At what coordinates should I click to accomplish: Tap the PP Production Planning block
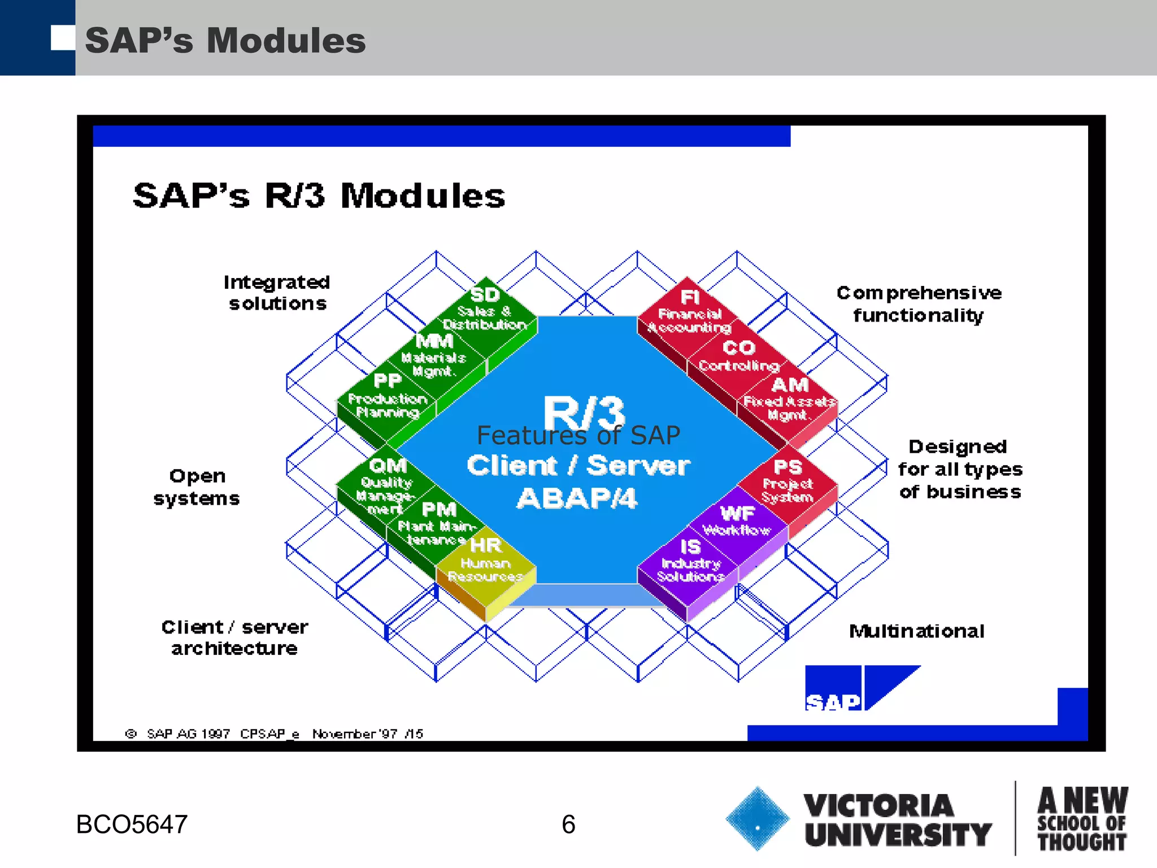[388, 399]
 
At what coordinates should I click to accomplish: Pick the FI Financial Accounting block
[690, 314]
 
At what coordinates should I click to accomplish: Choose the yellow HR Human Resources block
[486, 563]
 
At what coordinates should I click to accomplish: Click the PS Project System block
[788, 483]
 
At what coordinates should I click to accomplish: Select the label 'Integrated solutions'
[277, 293]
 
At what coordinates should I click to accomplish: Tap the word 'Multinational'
[917, 631]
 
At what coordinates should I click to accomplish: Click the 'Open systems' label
[197, 487]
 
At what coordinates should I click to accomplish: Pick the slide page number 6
[568, 824]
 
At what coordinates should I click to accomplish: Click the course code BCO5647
[132, 824]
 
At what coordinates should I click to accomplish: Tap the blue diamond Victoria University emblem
[757, 818]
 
